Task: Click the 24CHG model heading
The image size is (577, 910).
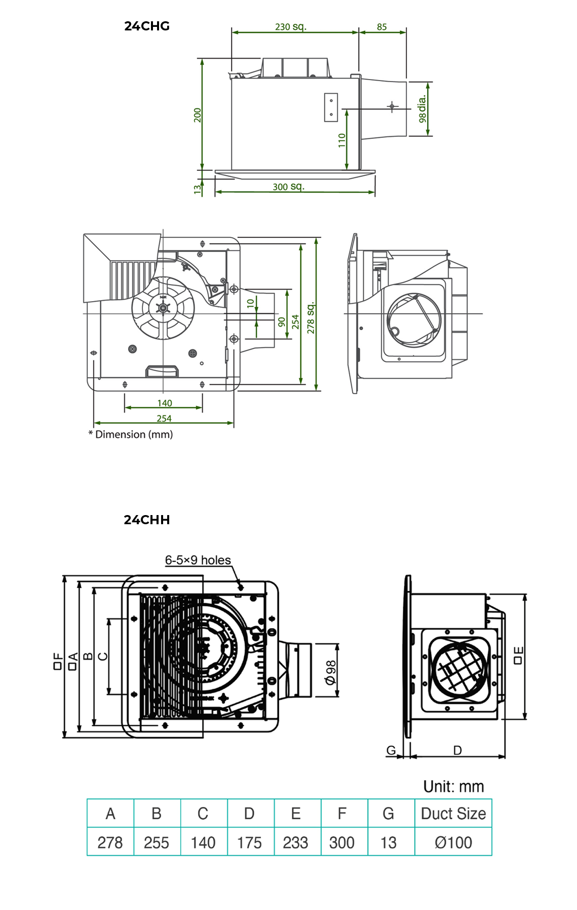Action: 146,26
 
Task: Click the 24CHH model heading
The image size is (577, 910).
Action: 146,520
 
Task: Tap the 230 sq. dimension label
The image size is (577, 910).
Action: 290,26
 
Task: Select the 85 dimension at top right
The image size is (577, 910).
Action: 381,27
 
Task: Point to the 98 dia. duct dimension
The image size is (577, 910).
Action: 422,109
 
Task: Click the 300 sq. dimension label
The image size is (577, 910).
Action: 288,187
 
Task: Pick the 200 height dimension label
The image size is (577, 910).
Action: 198,115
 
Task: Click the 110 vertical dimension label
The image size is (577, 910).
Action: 342,140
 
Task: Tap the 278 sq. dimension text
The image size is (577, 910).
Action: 311,317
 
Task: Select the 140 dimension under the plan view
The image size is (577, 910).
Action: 164,403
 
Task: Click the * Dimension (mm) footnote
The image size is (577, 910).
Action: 131,434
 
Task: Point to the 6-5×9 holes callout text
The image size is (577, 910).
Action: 198,560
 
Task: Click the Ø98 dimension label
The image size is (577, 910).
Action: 331,672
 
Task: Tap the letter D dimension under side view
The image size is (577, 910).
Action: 457,750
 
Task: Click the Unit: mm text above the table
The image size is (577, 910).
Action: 453,786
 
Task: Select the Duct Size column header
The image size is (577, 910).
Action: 453,813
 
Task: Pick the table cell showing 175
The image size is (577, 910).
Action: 249,843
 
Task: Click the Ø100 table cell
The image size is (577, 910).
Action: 453,843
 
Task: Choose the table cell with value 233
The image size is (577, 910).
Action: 295,843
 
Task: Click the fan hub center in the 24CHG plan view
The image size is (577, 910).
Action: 163,308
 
